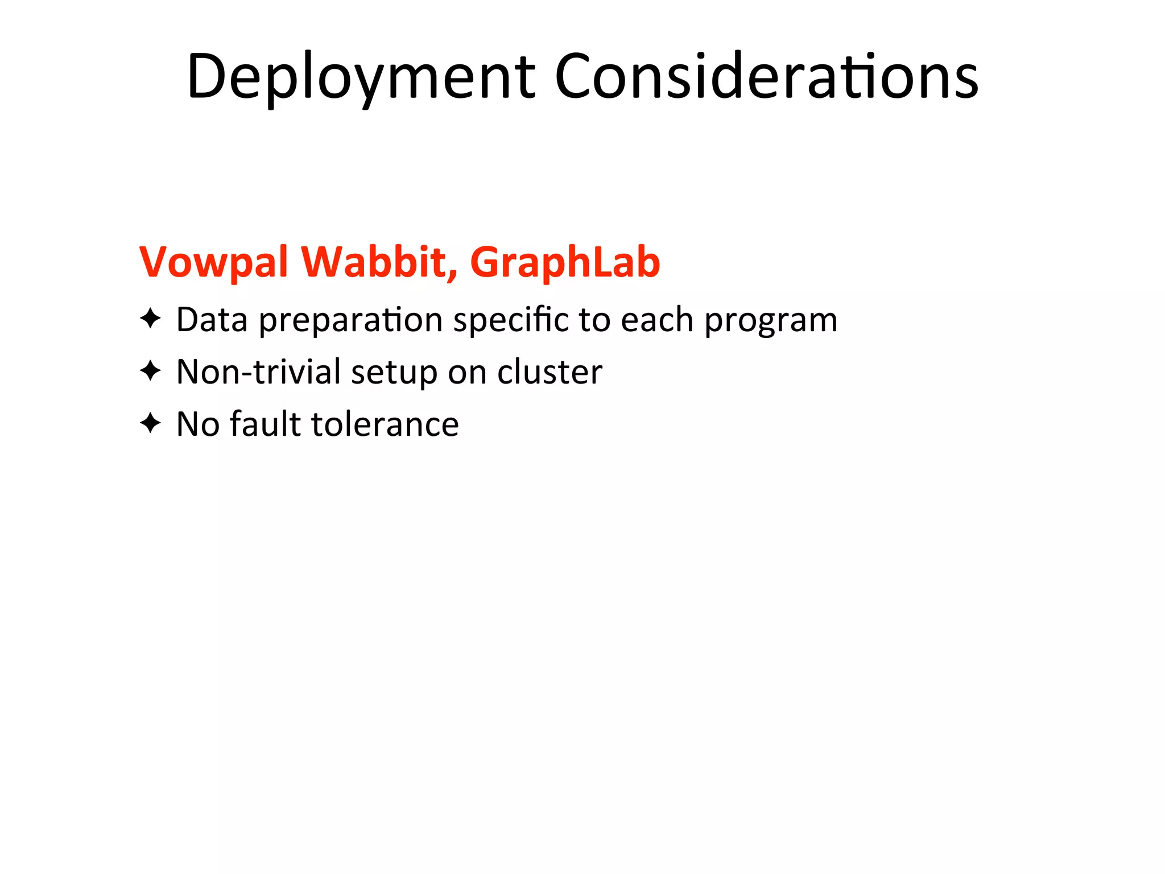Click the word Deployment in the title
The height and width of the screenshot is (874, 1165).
(361, 77)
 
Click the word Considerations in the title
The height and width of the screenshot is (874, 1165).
(766, 77)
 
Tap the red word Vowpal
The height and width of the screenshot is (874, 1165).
(213, 262)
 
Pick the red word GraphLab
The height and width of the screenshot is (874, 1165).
(564, 262)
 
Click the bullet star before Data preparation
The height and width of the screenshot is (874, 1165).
(150, 319)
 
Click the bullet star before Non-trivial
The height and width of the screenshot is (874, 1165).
(150, 371)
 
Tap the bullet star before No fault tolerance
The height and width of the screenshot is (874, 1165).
(150, 423)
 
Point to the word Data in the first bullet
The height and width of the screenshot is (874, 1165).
(212, 320)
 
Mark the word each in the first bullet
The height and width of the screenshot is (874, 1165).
(656, 320)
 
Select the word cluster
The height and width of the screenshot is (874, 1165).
(550, 372)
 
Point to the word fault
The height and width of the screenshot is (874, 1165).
(265, 424)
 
